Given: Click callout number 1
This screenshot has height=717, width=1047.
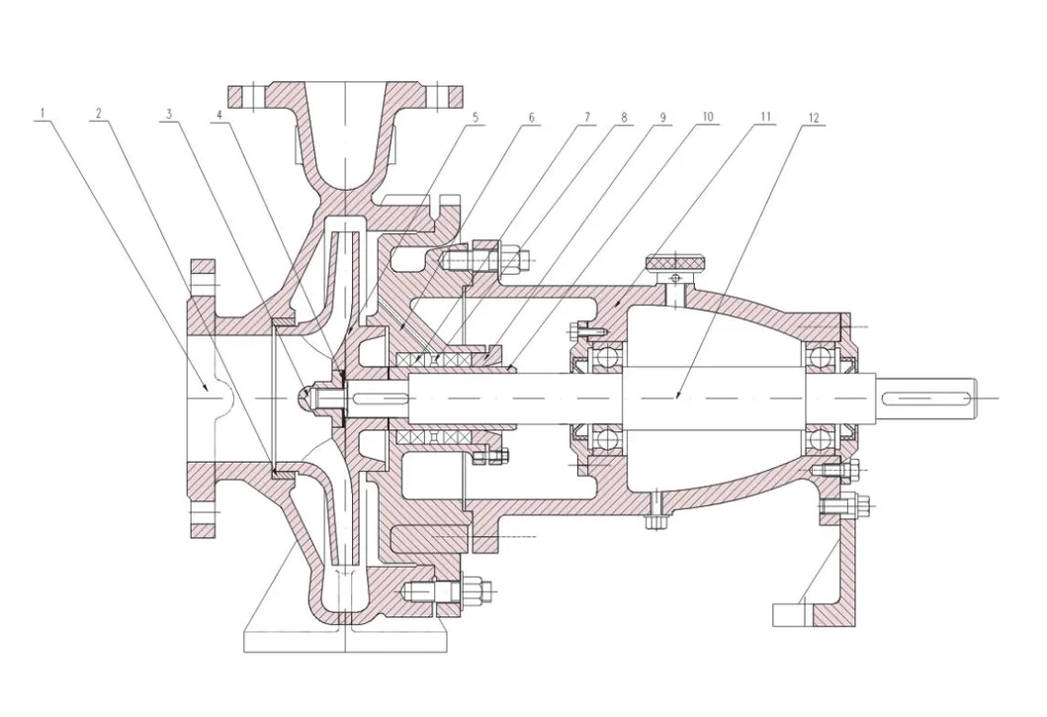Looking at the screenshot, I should (x=42, y=115).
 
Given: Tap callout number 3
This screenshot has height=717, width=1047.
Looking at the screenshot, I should (x=169, y=115).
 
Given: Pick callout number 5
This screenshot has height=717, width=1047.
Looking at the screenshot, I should (x=475, y=117).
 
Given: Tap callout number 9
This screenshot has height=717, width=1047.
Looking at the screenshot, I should (x=662, y=117).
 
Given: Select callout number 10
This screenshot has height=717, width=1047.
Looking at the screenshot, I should (x=707, y=117).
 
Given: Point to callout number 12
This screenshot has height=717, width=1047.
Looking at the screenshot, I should (x=814, y=117).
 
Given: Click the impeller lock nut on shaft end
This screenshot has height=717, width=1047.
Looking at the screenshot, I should (x=311, y=398).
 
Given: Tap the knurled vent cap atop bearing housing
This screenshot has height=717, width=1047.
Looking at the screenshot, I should (x=677, y=264).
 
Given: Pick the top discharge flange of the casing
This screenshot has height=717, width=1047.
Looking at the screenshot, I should (x=346, y=96).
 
